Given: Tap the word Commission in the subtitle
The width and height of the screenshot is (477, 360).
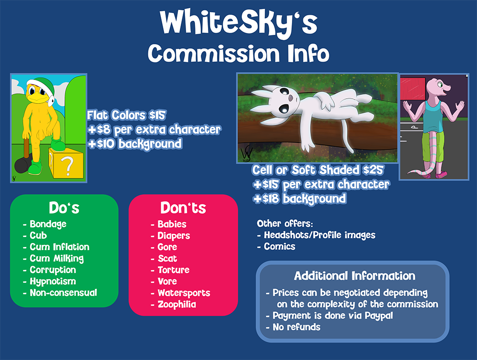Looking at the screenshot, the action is [214, 53].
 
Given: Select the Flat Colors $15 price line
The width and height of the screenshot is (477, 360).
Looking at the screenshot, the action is [126, 115].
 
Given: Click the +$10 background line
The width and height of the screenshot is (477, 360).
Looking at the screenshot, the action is [135, 144].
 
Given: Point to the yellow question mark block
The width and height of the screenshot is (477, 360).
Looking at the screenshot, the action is [66, 163].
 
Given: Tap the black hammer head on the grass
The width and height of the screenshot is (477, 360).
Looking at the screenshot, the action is [22, 165].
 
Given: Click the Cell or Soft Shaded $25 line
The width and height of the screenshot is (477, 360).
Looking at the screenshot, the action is [318, 170].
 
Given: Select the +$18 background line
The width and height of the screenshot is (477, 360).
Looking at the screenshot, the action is [300, 199].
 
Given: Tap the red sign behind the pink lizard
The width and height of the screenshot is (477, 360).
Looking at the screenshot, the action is [412, 89].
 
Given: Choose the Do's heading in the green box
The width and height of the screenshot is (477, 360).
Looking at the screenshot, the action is [64, 208].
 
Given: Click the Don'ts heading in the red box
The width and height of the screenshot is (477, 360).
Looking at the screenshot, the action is [183, 208].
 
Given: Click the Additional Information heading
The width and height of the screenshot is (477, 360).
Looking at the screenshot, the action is [354, 276].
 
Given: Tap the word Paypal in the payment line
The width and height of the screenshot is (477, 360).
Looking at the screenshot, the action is [379, 316].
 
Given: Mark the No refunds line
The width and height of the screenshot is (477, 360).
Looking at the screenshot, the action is [293, 327].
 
